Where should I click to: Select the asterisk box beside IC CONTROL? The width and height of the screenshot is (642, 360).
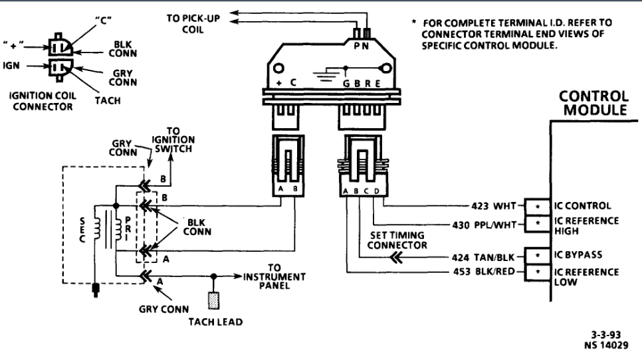tap(535, 205)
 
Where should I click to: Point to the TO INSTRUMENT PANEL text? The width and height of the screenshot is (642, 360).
tap(274, 276)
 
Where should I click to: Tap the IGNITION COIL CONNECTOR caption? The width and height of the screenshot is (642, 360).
tap(43, 101)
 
